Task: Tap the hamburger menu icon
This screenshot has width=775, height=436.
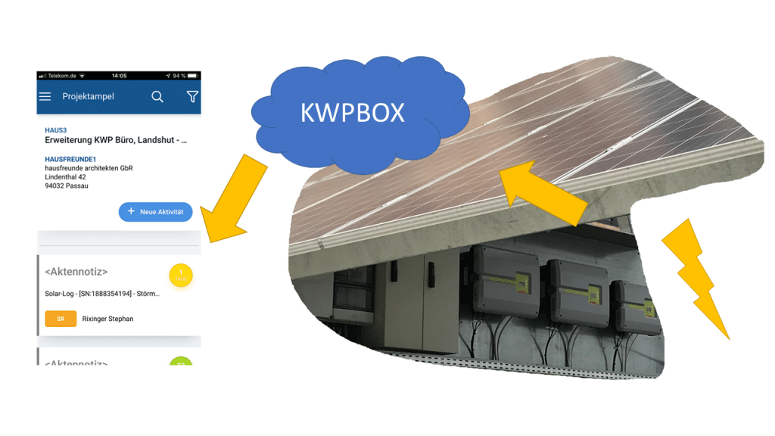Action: (45, 97)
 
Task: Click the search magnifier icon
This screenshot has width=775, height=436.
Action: (157, 97)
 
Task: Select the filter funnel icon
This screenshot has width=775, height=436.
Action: (192, 97)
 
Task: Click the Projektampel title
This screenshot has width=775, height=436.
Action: (88, 97)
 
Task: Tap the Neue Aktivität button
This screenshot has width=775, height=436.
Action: (156, 212)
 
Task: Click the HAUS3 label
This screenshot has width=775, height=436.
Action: (56, 131)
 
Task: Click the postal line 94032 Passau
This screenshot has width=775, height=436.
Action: (67, 185)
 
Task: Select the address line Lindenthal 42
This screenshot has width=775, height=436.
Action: (66, 177)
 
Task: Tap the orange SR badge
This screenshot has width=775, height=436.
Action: (61, 319)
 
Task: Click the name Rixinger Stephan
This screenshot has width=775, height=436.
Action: (107, 319)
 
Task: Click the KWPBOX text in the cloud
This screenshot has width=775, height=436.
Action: (352, 112)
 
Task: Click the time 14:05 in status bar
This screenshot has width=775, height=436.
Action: (119, 76)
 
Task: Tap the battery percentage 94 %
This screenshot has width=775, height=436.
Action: (179, 76)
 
